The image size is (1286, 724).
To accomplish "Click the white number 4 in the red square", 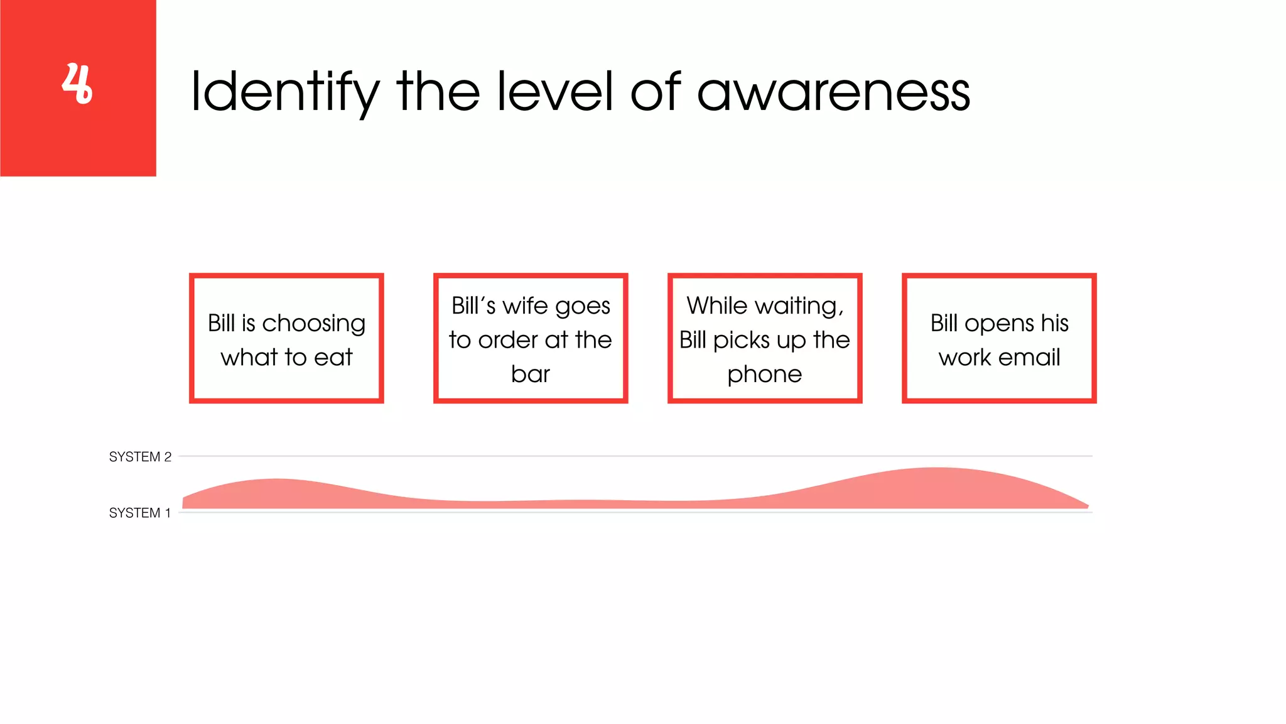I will [x=77, y=84].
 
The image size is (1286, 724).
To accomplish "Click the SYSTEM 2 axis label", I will [x=140, y=457].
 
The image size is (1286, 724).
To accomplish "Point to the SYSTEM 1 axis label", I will [x=139, y=513].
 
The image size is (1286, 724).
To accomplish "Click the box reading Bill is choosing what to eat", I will [x=286, y=338].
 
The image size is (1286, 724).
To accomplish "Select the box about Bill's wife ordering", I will [x=531, y=338].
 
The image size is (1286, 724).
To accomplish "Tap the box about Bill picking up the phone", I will [x=765, y=338].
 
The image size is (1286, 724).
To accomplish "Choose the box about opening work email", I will [x=999, y=338].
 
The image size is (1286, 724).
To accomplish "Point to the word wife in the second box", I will [x=526, y=306].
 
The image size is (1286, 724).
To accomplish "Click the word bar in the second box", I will [x=531, y=374].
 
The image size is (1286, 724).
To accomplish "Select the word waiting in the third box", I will [x=798, y=306].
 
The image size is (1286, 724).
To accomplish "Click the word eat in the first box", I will [x=333, y=358].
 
